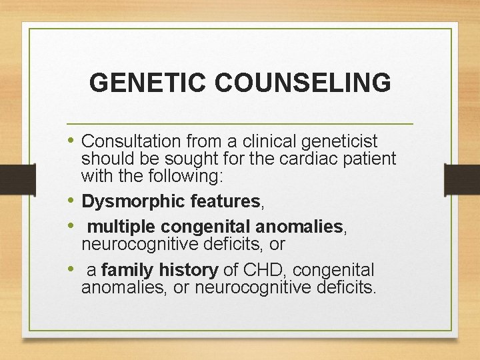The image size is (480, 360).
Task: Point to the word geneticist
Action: [x=340, y=141]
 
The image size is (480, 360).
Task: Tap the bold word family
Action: [x=125, y=270]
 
